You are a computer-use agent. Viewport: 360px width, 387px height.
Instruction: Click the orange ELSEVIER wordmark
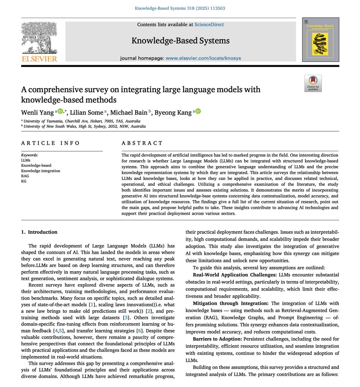pyautogui.click(x=39, y=59)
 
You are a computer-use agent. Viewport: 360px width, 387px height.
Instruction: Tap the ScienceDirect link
pyautogui.click(x=209, y=25)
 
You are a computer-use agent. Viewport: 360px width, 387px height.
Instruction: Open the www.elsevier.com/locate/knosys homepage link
pyautogui.click(x=203, y=58)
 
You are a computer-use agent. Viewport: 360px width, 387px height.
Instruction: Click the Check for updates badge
pyautogui.click(x=313, y=84)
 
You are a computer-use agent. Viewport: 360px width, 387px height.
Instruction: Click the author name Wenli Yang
pyautogui.click(x=37, y=112)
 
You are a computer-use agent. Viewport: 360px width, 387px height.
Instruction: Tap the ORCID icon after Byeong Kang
pyautogui.click(x=198, y=112)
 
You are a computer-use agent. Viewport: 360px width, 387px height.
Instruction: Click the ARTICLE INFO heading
pyautogui.click(x=50, y=143)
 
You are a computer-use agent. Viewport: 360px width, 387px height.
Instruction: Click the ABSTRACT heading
pyautogui.click(x=142, y=143)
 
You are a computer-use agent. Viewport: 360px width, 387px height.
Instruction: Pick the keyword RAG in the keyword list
pyautogui.click(x=25, y=176)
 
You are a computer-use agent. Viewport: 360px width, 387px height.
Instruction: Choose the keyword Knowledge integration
pyautogui.click(x=41, y=171)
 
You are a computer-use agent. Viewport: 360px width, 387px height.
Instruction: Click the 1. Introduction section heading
pyautogui.click(x=39, y=232)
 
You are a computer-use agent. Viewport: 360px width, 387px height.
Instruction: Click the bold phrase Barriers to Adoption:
pyautogui.click(x=217, y=339)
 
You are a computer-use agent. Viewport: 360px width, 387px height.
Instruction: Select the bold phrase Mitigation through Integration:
pyautogui.click(x=231, y=303)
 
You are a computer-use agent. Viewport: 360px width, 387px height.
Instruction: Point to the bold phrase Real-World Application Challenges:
pyautogui.click(x=235, y=275)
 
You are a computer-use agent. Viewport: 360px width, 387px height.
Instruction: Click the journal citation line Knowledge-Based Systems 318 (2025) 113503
pyautogui.click(x=180, y=8)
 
